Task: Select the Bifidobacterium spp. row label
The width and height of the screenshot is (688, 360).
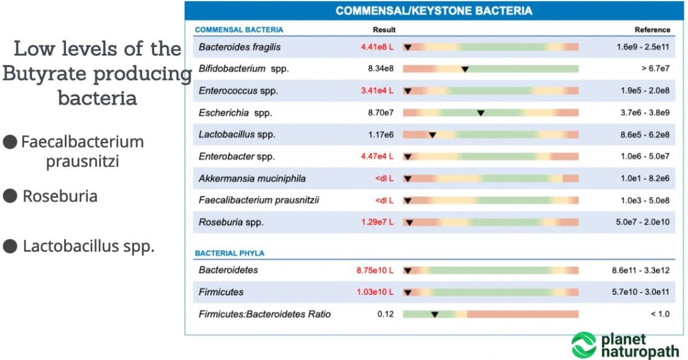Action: [243, 69]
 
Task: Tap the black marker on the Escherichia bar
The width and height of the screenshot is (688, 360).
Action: [480, 113]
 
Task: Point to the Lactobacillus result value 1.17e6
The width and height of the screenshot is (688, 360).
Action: [381, 134]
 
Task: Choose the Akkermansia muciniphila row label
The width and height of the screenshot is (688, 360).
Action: [252, 178]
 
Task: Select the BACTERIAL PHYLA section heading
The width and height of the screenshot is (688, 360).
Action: [229, 253]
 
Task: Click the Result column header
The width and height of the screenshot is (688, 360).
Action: [384, 29]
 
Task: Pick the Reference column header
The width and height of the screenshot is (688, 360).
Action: [652, 29]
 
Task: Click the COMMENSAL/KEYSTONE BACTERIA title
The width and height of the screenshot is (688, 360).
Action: [434, 10]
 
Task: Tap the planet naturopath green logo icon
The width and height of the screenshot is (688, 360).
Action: [584, 345]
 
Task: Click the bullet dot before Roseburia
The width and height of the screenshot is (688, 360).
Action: [10, 196]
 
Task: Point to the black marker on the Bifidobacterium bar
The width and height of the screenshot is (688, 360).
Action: [465, 69]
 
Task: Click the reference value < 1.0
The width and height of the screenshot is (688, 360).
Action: [660, 314]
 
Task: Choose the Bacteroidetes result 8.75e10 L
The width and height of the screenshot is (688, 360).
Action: [375, 270]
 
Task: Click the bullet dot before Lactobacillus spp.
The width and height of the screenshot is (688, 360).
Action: [10, 246]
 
